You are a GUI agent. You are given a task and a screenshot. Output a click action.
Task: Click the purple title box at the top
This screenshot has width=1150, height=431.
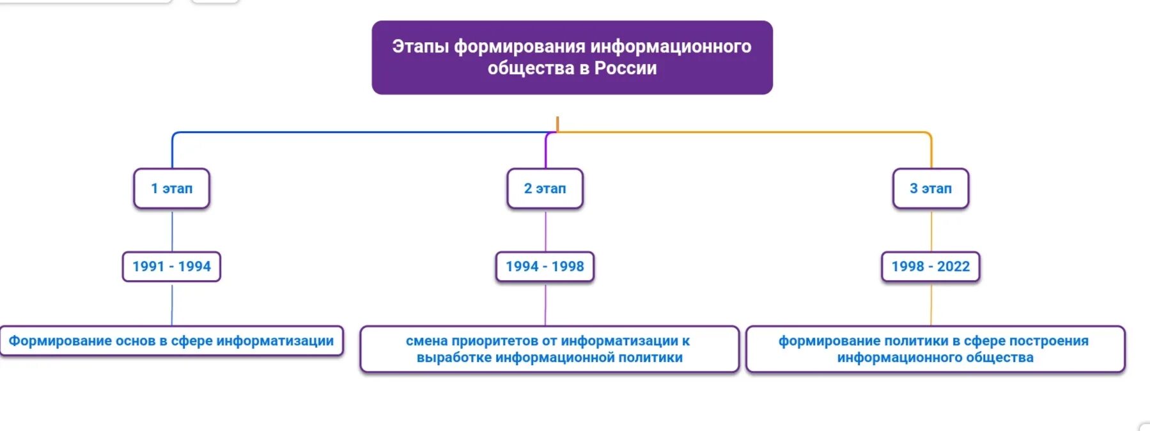(572, 58)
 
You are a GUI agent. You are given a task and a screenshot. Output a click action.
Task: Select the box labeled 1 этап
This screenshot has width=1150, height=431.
(171, 189)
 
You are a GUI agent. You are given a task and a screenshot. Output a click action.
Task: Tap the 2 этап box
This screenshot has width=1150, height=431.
(545, 189)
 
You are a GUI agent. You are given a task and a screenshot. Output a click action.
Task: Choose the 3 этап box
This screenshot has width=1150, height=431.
(931, 189)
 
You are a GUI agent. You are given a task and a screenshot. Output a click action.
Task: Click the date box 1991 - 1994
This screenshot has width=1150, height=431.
(171, 267)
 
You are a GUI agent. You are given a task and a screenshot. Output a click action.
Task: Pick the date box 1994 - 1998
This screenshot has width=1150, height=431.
(545, 267)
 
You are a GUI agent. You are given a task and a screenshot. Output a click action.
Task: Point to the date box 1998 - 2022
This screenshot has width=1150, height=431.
(931, 267)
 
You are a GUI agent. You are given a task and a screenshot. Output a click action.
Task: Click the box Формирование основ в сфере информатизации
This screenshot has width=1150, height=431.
(171, 341)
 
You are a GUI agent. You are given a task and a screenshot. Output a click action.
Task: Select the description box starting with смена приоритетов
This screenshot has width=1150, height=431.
(549, 349)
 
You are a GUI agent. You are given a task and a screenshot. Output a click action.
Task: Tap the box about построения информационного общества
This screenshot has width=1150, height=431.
(935, 349)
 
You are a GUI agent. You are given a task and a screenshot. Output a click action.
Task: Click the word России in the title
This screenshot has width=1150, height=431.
(625, 68)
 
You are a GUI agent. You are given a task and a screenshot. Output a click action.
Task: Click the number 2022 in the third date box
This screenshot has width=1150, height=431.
(953, 267)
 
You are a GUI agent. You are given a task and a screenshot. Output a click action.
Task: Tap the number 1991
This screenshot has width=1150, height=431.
(148, 267)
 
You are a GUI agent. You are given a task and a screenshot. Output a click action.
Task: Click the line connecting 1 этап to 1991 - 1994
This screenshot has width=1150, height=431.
(172, 230)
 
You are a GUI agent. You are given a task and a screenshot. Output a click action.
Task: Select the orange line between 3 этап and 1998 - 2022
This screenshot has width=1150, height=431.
(931, 230)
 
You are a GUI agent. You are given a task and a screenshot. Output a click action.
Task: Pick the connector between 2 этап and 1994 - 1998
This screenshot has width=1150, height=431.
(545, 230)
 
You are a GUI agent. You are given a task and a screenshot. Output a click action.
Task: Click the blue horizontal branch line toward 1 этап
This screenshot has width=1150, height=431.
(358, 132)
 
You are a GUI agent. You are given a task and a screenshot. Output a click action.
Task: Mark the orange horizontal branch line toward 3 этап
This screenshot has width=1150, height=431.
(742, 132)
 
